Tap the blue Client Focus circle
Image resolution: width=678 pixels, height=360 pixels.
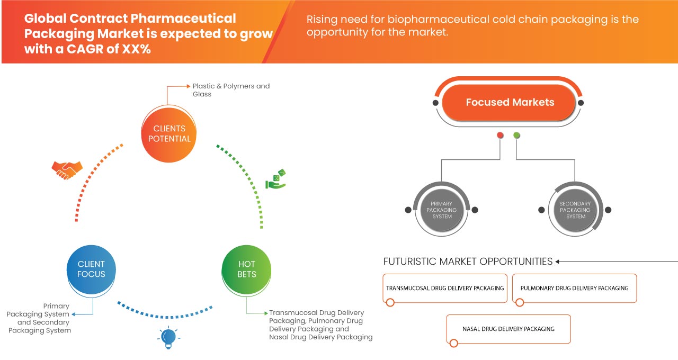click(91, 269)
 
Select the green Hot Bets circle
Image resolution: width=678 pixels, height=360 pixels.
click(246, 269)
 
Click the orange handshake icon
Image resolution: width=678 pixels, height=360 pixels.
click(67, 169)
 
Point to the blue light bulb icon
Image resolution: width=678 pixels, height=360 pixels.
click(168, 337)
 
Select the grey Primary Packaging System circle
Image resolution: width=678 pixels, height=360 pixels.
click(442, 210)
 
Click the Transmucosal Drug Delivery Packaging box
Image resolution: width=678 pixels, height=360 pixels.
click(445, 288)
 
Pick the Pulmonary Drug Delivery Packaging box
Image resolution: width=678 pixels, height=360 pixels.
click(575, 288)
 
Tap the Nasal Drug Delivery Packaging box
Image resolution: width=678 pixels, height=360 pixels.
click(508, 329)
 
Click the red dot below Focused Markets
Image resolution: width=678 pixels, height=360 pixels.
click(500, 136)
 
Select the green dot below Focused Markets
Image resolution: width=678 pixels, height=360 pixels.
click(516, 136)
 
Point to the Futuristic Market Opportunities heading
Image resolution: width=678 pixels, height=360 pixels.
click(468, 262)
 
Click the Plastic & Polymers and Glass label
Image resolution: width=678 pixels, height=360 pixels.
click(231, 90)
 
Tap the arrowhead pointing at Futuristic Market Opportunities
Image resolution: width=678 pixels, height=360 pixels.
click(558, 262)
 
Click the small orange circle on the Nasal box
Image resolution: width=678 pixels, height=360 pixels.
click(453, 343)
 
